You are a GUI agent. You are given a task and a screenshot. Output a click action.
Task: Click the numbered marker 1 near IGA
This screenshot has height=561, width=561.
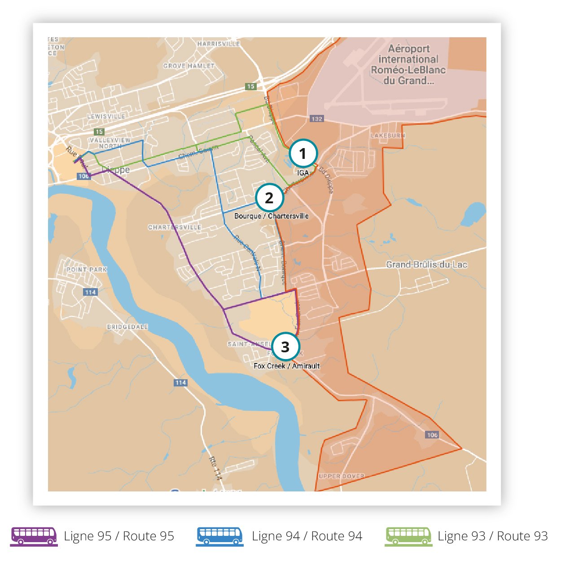pos(303,153)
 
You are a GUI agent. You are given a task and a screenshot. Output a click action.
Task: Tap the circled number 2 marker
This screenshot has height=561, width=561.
pos(269,197)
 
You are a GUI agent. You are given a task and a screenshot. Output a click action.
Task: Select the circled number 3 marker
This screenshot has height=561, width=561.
pos(285,347)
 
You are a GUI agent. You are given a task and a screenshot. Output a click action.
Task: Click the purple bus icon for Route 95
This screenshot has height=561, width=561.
pos(34,536)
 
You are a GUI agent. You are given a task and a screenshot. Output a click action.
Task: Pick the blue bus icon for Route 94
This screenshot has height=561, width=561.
pos(220,536)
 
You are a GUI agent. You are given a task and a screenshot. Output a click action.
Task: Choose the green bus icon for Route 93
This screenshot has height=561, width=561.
pos(408,536)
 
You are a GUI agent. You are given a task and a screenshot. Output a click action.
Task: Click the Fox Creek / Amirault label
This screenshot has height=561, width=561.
pos(286,366)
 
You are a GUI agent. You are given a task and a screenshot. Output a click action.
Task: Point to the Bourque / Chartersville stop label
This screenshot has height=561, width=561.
pos(271,216)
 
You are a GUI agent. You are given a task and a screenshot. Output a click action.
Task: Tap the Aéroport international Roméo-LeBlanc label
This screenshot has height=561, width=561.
pos(408,65)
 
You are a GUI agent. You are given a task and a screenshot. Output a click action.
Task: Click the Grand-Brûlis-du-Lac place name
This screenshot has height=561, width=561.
pos(426,264)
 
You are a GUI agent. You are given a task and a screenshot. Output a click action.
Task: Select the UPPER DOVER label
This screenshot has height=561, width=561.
pos(342,476)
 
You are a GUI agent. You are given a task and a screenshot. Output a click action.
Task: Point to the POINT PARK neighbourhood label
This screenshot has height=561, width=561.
pos(87,270)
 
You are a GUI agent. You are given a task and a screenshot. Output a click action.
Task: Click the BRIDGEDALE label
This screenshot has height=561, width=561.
pos(127,327)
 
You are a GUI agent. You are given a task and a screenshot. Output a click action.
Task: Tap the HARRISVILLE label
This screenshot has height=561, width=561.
pos(219,44)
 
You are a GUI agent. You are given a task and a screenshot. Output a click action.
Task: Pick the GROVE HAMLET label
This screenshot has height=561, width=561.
pos(189,66)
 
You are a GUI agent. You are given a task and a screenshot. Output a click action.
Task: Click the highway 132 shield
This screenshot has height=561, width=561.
pos(316,119)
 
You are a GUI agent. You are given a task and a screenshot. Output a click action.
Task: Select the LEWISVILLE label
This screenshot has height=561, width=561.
pos(106,116)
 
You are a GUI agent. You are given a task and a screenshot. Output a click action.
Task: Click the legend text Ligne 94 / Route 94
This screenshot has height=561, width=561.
pos(307,536)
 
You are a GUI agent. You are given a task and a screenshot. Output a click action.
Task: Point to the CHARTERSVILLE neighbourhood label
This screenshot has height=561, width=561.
pos(175,227)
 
